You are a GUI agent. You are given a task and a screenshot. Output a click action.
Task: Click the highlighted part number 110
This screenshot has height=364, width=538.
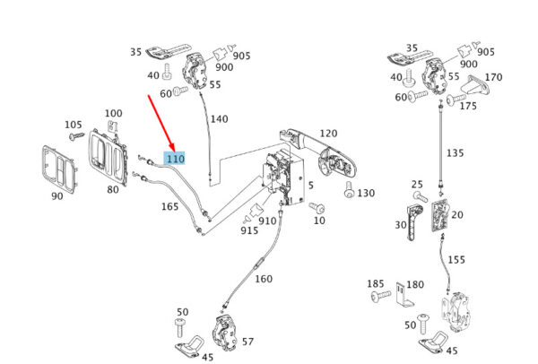(x=176, y=159)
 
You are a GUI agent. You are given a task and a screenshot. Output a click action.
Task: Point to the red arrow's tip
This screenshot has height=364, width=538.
(x=174, y=151)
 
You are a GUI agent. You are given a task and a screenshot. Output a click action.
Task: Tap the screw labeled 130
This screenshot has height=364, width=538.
(x=349, y=189)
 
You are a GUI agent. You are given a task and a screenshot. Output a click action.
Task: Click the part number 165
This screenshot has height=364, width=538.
(x=170, y=206)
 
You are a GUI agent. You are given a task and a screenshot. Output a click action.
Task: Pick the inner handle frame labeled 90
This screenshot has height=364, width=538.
(x=57, y=170)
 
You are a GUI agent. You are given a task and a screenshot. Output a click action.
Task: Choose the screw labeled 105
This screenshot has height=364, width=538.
(x=76, y=136)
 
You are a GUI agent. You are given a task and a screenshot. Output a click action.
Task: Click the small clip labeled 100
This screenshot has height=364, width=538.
(x=113, y=126)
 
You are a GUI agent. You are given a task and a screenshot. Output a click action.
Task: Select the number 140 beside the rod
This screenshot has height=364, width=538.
(x=220, y=119)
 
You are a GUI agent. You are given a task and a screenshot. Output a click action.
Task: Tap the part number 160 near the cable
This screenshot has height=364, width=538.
(x=264, y=279)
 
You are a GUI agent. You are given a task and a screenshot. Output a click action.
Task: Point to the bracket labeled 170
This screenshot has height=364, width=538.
(x=476, y=85)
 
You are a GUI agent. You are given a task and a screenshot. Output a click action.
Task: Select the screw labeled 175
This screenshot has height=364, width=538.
(x=456, y=100)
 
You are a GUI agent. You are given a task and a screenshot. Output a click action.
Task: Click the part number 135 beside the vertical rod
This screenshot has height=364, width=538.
(x=456, y=152)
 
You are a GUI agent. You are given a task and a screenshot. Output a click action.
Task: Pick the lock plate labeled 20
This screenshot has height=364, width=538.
(x=440, y=215)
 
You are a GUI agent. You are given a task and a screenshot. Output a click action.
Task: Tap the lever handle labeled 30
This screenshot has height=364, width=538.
(x=414, y=222)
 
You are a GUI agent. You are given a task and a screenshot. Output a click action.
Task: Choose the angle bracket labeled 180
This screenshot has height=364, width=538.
(x=405, y=294)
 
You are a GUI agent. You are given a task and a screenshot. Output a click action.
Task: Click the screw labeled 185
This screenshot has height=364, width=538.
(x=381, y=295)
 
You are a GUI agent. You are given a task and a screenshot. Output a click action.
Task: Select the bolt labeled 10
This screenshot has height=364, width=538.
(x=317, y=207)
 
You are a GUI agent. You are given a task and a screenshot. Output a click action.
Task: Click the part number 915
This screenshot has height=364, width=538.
(x=249, y=230)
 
